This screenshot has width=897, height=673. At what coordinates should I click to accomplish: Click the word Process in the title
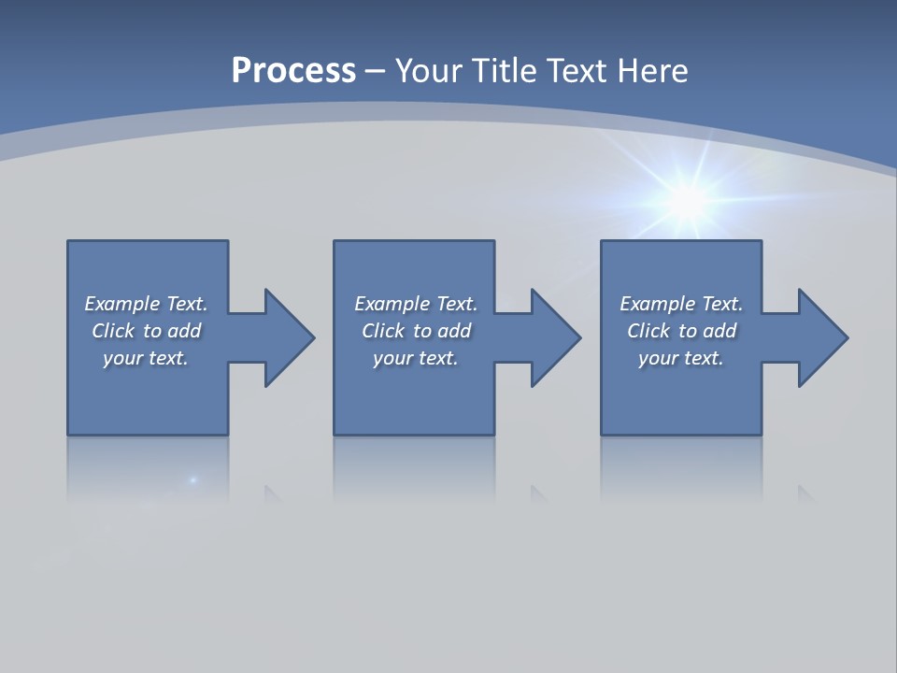tap(293, 71)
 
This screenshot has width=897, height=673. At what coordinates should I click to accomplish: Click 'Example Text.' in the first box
tap(146, 304)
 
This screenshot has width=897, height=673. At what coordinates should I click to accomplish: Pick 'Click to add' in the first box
tap(146, 331)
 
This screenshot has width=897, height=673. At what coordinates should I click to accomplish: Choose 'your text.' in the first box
tap(146, 358)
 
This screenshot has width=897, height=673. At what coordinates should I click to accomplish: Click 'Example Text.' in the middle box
tap(415, 304)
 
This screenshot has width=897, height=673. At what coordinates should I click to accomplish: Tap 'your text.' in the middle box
tap(415, 358)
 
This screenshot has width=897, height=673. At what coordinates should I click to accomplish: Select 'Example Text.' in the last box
tap(681, 304)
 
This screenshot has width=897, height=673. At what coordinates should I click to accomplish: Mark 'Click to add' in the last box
tap(681, 331)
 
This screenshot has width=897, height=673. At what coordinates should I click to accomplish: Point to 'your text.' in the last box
tap(681, 358)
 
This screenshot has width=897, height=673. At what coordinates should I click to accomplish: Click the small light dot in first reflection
tap(193, 480)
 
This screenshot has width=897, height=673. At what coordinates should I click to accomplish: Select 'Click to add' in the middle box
tap(415, 331)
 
